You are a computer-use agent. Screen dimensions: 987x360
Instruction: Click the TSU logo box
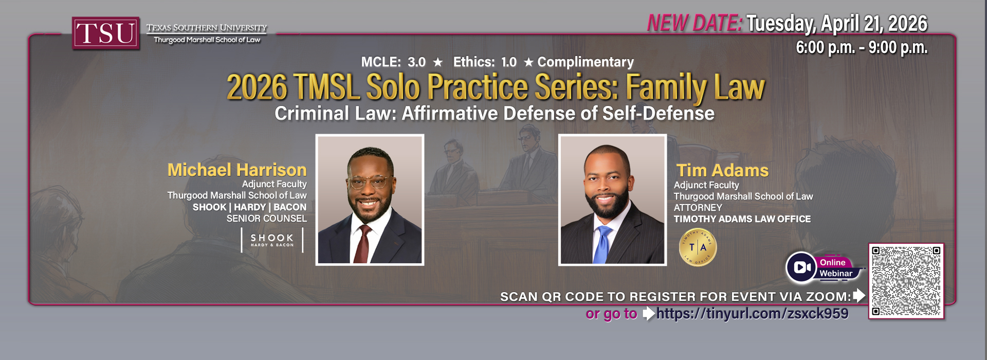point(106,33)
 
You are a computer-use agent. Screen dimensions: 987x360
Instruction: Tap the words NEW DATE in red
point(694,23)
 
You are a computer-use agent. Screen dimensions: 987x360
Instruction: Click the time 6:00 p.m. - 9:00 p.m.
point(862,47)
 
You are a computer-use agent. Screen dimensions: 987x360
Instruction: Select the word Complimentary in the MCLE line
point(586,62)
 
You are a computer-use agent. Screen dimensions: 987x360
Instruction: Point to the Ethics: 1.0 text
point(485,62)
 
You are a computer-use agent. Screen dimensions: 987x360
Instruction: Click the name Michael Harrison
point(237,170)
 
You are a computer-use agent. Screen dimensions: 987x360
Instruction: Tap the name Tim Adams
point(722,170)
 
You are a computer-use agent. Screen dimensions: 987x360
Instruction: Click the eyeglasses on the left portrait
point(369,182)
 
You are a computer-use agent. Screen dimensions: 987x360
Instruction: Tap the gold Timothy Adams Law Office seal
point(698,247)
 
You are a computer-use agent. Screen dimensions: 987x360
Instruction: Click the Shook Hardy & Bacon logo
point(272,240)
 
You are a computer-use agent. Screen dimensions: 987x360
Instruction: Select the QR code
point(906,281)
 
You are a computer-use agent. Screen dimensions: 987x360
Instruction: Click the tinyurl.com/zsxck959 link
point(753,314)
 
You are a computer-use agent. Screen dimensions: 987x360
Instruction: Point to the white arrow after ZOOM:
point(859,296)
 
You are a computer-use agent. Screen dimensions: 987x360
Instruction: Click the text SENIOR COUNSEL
point(267,219)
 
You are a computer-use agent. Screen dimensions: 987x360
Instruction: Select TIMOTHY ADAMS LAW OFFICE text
point(742,219)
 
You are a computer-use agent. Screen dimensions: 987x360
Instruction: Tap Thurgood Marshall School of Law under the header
point(207,40)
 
